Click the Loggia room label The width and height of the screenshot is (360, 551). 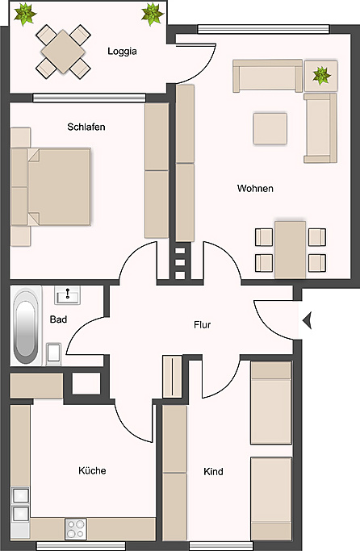[122, 52]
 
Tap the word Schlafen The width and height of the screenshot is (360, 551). [87, 127]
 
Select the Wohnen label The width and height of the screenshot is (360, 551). [255, 189]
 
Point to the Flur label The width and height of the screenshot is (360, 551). [202, 325]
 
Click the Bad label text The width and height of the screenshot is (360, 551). [58, 319]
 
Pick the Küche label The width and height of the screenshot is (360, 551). [92, 470]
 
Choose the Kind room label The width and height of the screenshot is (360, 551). [213, 472]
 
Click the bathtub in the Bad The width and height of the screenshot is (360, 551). [26, 326]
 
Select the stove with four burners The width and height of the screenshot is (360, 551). [77, 529]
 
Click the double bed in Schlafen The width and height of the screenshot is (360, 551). [57, 186]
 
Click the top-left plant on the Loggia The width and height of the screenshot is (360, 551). [27, 14]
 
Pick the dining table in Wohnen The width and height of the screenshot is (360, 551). [290, 249]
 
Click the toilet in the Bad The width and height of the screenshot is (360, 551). [54, 353]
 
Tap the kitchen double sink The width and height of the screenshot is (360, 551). [20, 504]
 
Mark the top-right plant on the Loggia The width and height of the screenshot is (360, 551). [151, 14]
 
